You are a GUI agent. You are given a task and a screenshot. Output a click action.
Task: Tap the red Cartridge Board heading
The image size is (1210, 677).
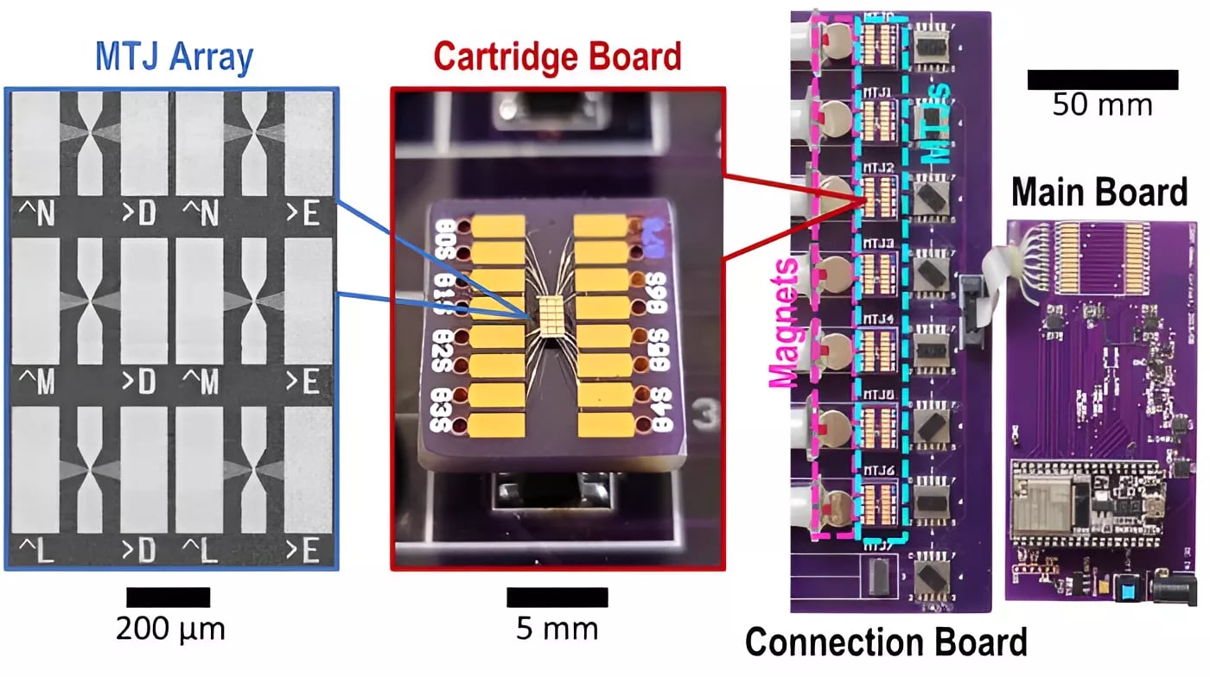pyautogui.click(x=557, y=57)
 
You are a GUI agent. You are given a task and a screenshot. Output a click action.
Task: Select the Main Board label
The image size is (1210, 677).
pyautogui.click(x=1099, y=193)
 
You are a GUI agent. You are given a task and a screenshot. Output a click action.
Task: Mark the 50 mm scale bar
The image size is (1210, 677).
pyautogui.click(x=1102, y=79)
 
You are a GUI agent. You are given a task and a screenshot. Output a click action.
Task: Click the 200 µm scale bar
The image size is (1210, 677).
pyautogui.click(x=169, y=597)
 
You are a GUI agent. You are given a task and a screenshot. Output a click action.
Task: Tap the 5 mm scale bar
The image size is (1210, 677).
pyautogui.click(x=557, y=597)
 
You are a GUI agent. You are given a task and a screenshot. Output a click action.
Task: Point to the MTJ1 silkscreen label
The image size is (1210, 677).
pyautogui.click(x=878, y=92)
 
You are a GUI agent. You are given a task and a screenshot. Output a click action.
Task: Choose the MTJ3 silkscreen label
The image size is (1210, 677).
pyautogui.click(x=878, y=244)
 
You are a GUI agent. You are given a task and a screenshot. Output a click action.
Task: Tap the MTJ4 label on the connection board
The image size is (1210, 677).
pyautogui.click(x=878, y=320)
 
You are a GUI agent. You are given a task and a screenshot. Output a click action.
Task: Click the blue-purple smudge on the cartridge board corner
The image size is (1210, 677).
pyautogui.click(x=654, y=228)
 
